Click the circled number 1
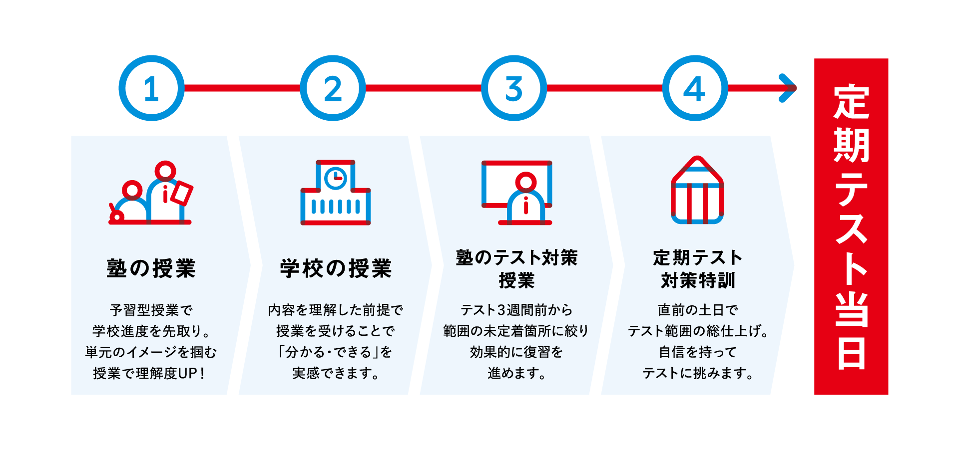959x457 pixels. [x=151, y=88]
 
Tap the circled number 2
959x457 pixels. [x=333, y=88]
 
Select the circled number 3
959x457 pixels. [x=514, y=88]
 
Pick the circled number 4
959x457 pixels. [x=695, y=88]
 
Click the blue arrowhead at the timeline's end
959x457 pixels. [x=788, y=88]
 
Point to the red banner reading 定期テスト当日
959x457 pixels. [x=851, y=227]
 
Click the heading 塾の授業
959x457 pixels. [x=151, y=268]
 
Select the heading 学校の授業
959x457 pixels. [x=336, y=268]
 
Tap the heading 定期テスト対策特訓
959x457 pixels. [x=698, y=269]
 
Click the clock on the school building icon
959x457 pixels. [x=336, y=178]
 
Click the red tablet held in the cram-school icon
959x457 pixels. [x=182, y=193]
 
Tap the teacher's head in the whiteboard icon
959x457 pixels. [x=526, y=182]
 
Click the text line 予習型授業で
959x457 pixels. [x=151, y=310]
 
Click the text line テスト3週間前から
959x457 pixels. [x=516, y=310]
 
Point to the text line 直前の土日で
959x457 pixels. [x=698, y=310]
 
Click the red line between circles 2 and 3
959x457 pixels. [x=424, y=88]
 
